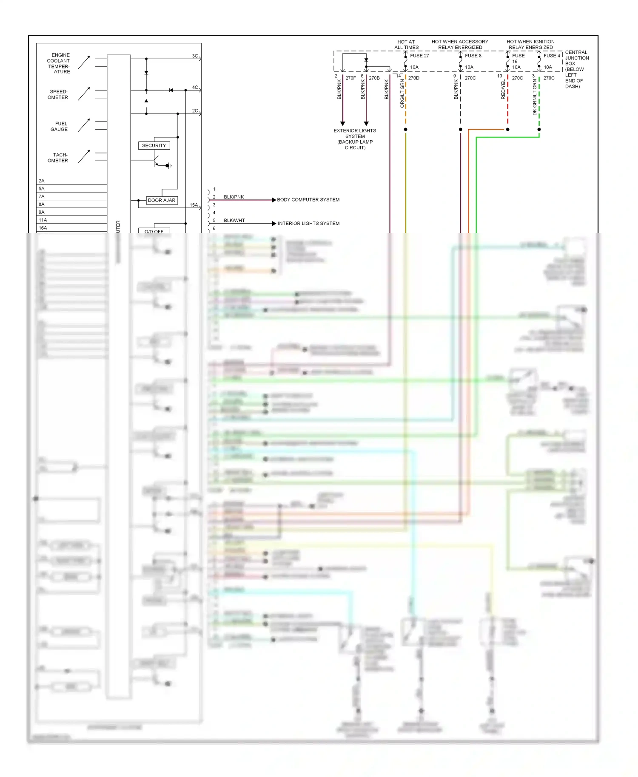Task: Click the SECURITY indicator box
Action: tap(154, 145)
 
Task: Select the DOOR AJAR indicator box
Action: tap(162, 200)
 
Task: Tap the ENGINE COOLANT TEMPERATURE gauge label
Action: tap(59, 63)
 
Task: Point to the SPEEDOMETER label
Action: tap(58, 94)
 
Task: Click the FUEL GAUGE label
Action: tap(60, 126)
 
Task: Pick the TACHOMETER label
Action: tap(58, 158)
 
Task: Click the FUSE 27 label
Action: tap(419, 56)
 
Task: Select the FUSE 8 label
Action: tap(473, 56)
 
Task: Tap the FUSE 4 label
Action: tap(552, 56)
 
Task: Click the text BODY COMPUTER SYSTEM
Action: tap(308, 200)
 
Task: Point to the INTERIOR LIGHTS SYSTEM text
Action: tap(308, 224)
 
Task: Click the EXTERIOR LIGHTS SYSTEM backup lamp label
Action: tap(355, 139)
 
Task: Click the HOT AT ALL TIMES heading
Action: tap(406, 45)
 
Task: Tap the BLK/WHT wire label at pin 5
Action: tap(234, 221)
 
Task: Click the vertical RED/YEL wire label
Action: tap(503, 90)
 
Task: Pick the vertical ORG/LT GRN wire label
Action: tap(402, 93)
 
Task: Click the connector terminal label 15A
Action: tap(194, 205)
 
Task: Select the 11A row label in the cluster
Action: tap(43, 220)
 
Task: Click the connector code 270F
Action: tap(350, 78)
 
